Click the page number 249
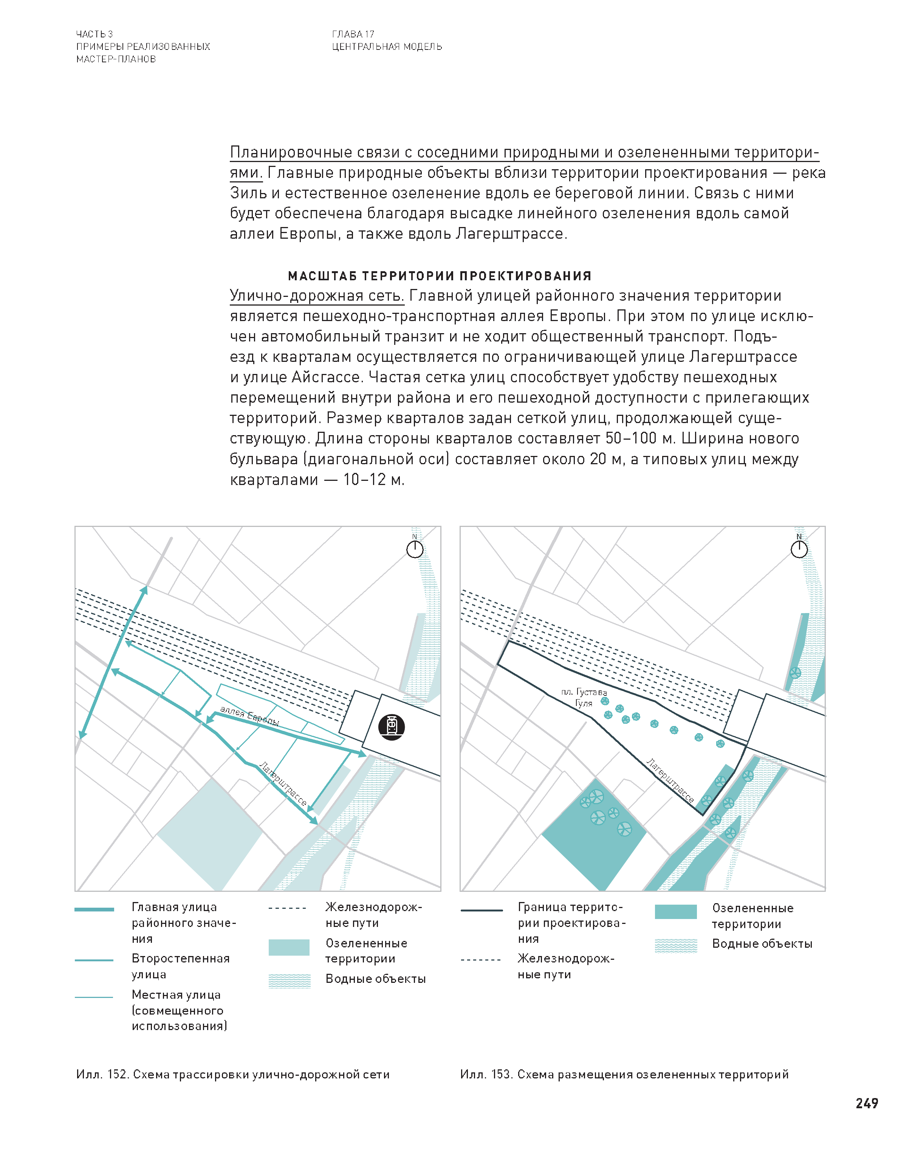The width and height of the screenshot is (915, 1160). pos(866,1103)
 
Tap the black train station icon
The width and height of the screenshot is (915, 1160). pos(391,727)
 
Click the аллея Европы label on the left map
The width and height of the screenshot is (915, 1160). pos(250,716)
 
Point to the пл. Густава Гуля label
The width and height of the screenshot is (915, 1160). pos(584,698)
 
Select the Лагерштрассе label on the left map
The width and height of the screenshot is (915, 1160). pos(283,784)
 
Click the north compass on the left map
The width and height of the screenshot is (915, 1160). pos(415,549)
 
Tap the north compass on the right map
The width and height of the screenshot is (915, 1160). pos(799,549)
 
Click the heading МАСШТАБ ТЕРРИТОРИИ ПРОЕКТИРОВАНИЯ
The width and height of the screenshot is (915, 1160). pos(439,276)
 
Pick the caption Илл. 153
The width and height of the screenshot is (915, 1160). pos(624,1074)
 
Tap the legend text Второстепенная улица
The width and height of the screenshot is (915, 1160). pos(181,966)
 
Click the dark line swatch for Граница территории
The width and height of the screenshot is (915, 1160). pos(481,910)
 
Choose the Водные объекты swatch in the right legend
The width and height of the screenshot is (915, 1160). pos(675,946)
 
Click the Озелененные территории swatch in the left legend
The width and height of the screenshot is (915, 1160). pos(289,947)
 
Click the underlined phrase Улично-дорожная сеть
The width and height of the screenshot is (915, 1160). pos(317,295)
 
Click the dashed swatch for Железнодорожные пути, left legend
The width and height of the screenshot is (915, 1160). pos(288,908)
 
